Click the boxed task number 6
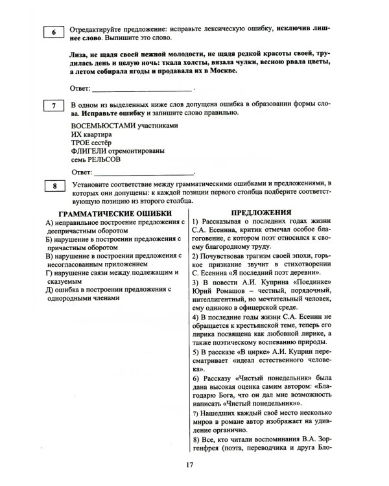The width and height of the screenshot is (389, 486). click(x=53, y=33)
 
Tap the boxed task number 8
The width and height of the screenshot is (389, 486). click(x=53, y=188)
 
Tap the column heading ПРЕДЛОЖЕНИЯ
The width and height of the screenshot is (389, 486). click(x=259, y=211)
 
